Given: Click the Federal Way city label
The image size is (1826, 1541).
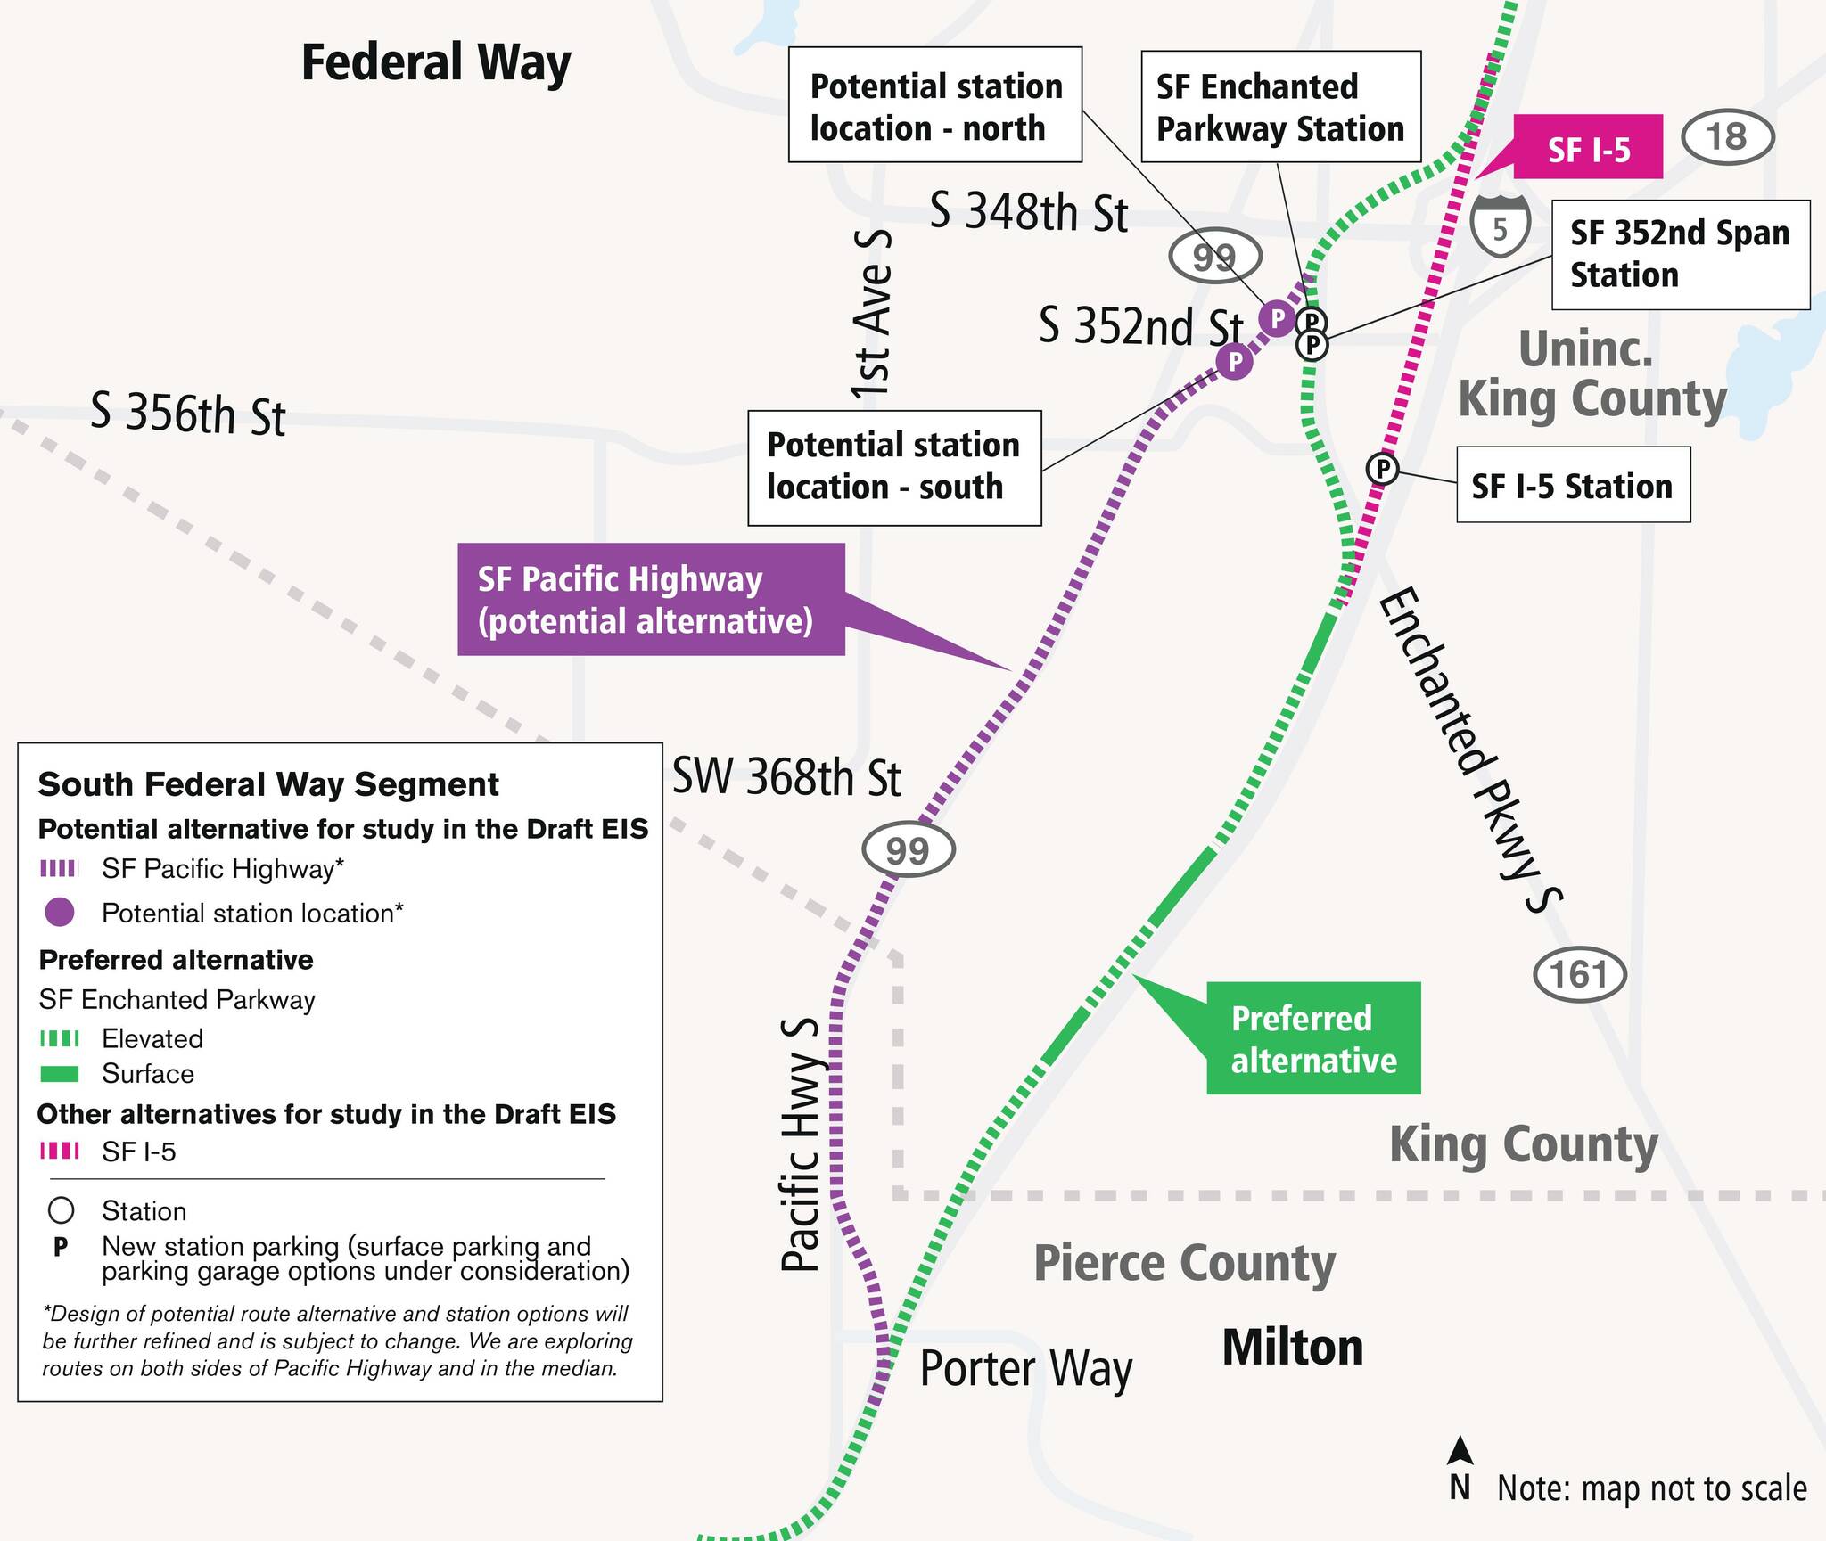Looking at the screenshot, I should tap(436, 62).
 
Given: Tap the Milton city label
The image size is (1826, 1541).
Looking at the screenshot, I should tap(1292, 1348).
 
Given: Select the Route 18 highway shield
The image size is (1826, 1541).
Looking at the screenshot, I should tap(1727, 137).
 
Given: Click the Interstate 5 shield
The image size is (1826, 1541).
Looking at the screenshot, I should tap(1501, 228).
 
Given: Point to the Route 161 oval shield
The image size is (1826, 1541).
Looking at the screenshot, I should tap(1579, 974).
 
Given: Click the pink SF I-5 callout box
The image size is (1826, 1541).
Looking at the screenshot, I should tap(1588, 148).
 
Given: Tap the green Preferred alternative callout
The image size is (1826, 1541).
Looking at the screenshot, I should tap(1312, 1038).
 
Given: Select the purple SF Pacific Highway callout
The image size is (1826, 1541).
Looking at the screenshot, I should tap(650, 600).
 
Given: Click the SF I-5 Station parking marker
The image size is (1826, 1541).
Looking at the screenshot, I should tap(1382, 468).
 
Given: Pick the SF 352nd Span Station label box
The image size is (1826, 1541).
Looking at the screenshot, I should tap(1680, 254).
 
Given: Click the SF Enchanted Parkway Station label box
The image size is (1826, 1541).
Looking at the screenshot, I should tap(1280, 107).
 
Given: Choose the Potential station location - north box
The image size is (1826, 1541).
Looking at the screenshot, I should tap(935, 105).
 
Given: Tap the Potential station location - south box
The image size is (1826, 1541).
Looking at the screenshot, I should tap(893, 467).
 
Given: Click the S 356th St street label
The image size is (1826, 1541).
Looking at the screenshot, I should tap(188, 414).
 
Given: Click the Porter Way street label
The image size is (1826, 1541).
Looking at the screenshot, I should tap(1025, 1369).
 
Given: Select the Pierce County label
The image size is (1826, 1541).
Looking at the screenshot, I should tap(1184, 1263).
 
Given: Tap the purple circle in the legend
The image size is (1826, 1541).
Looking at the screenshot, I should tap(60, 912).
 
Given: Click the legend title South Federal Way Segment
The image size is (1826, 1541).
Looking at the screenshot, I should tap(268, 784).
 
